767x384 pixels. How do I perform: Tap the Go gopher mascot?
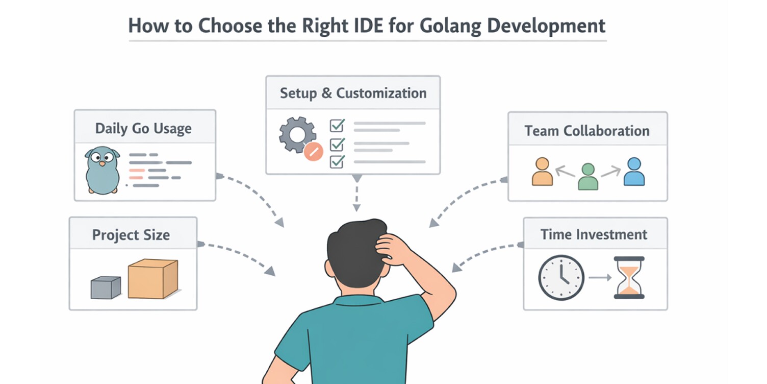point(102,170)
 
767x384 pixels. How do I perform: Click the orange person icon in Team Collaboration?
point(542,172)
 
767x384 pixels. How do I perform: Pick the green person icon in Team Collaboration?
point(588,177)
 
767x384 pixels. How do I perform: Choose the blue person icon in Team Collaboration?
point(634,172)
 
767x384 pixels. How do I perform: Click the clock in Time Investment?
point(561,277)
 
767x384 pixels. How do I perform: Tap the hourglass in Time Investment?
point(629,277)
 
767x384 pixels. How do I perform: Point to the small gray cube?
point(106,287)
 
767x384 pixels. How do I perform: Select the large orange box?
point(152,279)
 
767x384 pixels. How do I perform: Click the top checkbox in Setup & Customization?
point(337,125)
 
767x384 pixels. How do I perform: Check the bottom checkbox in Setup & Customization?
point(337,162)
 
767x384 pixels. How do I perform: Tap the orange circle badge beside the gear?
point(313,151)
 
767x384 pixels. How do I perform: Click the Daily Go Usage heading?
point(143,128)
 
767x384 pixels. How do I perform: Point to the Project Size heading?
point(131,235)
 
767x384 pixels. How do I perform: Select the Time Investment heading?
point(594,234)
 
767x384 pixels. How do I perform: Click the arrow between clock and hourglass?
point(600,278)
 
